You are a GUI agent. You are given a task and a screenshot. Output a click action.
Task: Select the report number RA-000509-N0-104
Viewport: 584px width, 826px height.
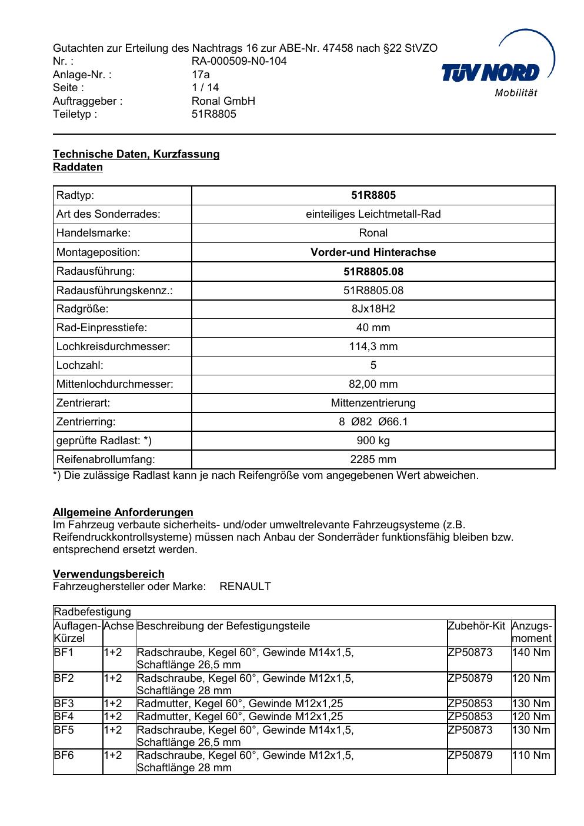pos(239,61)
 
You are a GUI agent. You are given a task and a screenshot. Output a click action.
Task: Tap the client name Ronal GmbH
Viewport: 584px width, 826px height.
pos(223,101)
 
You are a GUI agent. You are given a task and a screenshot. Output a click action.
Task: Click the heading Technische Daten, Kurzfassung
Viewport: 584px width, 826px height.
pos(136,154)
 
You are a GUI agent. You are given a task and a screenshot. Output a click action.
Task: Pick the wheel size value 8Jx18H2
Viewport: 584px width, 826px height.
pos(373,309)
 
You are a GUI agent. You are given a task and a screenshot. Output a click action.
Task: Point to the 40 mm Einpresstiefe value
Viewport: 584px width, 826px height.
pos(373,328)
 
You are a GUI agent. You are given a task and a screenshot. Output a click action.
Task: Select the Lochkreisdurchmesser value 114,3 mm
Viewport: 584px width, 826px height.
pos(373,347)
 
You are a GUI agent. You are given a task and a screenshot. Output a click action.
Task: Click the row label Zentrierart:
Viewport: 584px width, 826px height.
pos(83,403)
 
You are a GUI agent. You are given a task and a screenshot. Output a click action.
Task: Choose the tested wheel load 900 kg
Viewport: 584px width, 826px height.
pos(373,441)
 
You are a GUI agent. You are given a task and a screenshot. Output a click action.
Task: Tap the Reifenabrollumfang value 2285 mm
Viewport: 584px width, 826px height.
pos(373,459)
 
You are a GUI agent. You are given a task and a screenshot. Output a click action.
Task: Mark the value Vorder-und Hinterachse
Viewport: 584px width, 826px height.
pos(373,252)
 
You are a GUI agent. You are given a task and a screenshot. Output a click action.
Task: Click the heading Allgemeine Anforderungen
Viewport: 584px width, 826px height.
pos(123,512)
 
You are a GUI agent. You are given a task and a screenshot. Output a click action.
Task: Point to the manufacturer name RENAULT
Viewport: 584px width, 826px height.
pos(245,587)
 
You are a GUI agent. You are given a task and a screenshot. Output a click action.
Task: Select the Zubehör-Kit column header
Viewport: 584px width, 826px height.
pos(476,626)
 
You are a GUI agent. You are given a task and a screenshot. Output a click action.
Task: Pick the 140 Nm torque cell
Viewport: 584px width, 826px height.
pos(531,652)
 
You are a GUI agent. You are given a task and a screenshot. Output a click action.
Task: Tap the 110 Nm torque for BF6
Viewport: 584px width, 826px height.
pos(531,755)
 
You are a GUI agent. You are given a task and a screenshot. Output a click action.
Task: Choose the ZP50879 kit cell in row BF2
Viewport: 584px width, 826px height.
pos(470,678)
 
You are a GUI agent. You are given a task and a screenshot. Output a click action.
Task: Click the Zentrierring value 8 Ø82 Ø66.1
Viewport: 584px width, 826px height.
pos(373,422)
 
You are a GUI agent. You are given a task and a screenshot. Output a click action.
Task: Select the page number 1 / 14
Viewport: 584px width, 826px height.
pos(205,88)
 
